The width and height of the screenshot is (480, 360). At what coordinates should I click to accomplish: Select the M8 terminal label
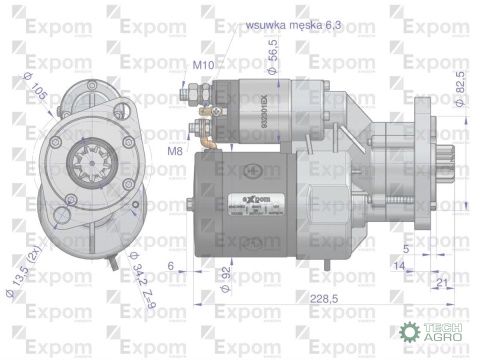pos(176,150)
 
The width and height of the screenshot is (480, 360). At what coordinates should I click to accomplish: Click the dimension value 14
pos(398,266)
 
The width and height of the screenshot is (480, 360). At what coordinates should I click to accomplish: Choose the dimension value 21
pos(441,284)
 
